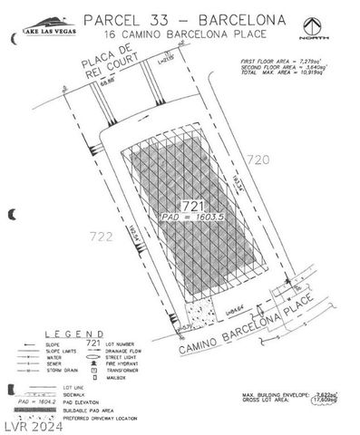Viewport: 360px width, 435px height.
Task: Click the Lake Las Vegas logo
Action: pos(41,28)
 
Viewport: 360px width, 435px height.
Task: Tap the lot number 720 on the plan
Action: pos(258,159)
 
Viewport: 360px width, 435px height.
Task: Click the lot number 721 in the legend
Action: pos(92,343)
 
